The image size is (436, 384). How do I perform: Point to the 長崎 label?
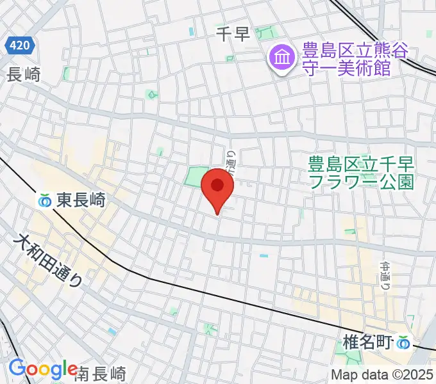pyautogui.click(x=23, y=75)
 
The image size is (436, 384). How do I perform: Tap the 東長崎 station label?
pyautogui.click(x=80, y=201)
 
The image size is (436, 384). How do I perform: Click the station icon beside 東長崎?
pyautogui.click(x=45, y=201)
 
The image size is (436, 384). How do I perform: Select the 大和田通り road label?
pyautogui.click(x=49, y=261)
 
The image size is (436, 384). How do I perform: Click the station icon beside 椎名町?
pyautogui.click(x=403, y=343)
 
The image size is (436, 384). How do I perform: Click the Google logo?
pyautogui.click(x=43, y=369)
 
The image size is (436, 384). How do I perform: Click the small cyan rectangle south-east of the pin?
pyautogui.click(x=263, y=256)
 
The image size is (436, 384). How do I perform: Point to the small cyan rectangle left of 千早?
pyautogui.click(x=191, y=31)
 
